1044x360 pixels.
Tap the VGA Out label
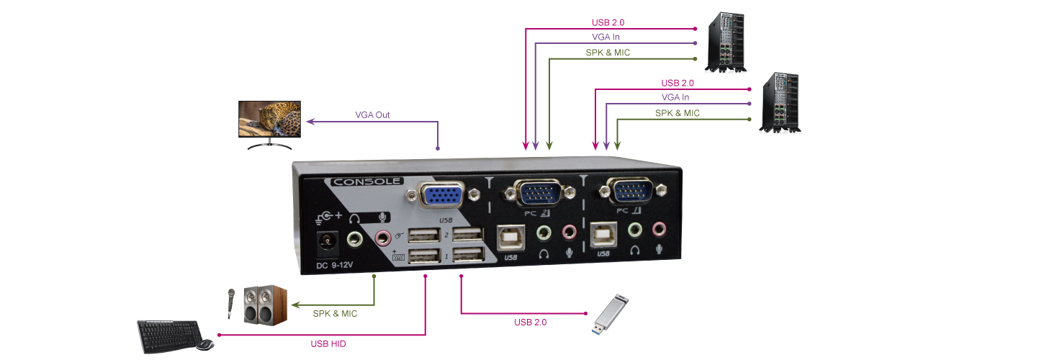tap(372, 114)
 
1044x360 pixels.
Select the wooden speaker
tap(265, 305)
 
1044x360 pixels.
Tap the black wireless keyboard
tap(166, 336)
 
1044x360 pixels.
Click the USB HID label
tap(328, 343)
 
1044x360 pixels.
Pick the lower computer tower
tap(782, 102)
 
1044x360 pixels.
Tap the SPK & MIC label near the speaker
tap(335, 314)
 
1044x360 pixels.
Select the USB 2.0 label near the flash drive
tap(530, 323)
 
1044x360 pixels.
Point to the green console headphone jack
tap(356, 238)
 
